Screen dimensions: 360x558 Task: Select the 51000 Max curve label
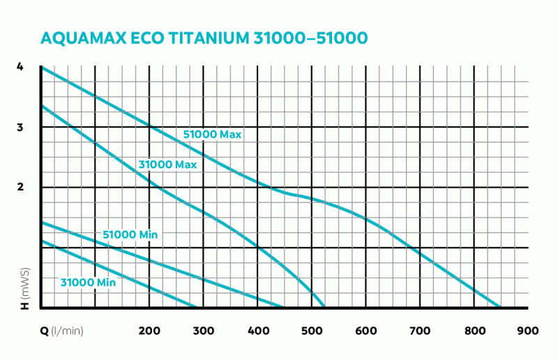[212, 135]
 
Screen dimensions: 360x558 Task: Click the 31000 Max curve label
[167, 165]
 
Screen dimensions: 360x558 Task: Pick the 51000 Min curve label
[130, 235]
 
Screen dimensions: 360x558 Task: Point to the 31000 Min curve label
[88, 283]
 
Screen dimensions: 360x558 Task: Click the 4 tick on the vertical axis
[20, 67]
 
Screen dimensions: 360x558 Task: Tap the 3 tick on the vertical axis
[20, 127]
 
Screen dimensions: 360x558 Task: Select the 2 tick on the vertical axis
[20, 187]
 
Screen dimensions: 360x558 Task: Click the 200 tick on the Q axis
[149, 331]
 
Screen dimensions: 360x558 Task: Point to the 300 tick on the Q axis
[203, 331]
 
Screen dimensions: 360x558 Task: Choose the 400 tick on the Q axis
[257, 331]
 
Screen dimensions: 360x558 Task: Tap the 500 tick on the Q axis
[312, 331]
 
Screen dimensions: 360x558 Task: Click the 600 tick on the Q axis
[365, 331]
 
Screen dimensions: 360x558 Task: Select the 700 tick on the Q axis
[420, 331]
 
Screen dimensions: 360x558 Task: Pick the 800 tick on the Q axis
[474, 331]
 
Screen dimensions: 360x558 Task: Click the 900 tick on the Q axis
[528, 331]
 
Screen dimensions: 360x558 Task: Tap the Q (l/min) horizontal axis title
[61, 331]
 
